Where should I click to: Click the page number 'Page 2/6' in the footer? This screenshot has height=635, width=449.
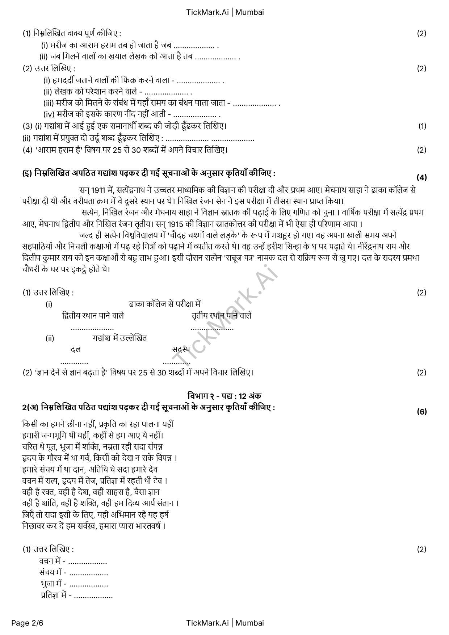27,623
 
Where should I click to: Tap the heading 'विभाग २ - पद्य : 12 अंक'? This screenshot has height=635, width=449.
224,395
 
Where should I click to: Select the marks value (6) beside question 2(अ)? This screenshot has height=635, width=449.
421,412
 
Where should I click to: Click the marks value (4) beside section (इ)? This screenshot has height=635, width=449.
421,177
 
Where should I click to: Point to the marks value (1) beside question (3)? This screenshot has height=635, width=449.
422,126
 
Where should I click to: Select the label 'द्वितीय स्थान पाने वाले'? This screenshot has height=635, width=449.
93,316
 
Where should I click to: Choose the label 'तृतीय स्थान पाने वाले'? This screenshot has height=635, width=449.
222,316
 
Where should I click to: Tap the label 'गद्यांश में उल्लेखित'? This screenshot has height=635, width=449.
120,338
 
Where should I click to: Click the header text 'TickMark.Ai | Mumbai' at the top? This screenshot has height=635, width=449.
225,12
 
